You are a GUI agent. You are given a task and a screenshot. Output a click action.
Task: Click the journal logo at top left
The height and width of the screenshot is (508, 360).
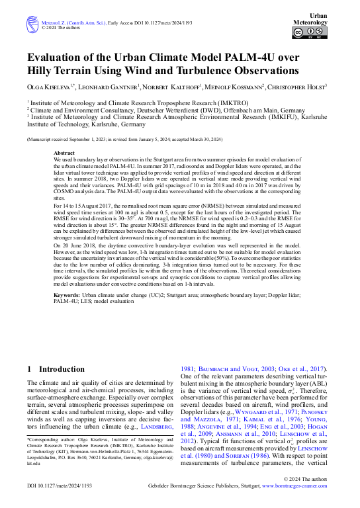[32, 25]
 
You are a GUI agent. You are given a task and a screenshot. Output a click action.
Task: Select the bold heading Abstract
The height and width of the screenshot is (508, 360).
[64, 153]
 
